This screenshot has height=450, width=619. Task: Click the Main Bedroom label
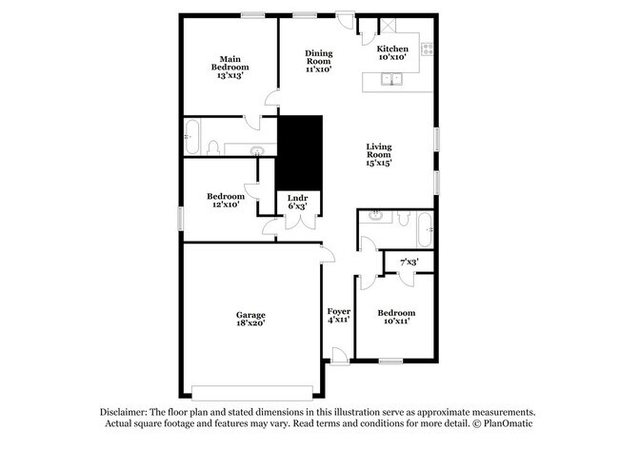point(230,67)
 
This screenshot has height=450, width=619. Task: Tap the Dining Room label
point(318,61)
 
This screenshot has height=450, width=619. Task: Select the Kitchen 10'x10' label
point(392,53)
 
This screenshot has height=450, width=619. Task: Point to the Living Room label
point(379,154)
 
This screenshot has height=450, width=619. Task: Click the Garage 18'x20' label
point(250,319)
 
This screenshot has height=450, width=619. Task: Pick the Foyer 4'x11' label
point(339,316)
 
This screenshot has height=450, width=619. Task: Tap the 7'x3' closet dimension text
point(409,262)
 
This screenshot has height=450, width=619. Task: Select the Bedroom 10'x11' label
point(395,317)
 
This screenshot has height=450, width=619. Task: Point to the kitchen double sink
point(392,80)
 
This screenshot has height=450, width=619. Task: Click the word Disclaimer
point(126,410)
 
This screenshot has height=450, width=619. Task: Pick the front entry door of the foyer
point(339,356)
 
